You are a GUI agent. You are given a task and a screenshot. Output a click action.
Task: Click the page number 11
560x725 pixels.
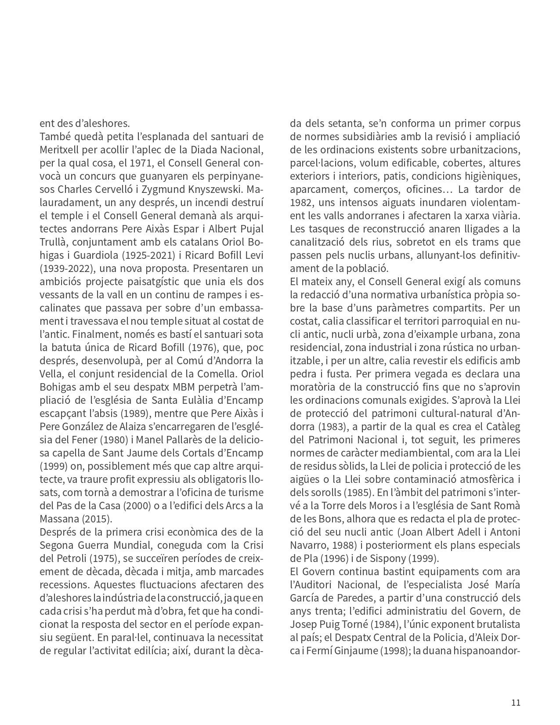click(516, 702)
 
